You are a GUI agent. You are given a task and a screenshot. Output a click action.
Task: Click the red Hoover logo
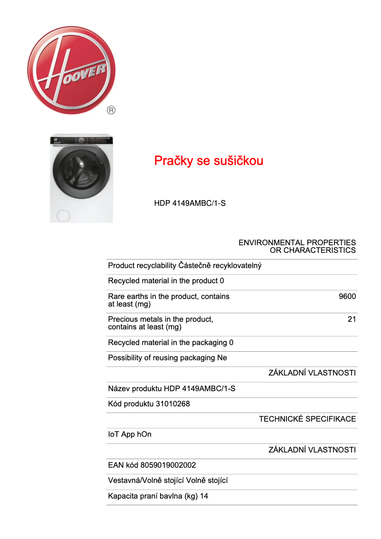tap(72, 70)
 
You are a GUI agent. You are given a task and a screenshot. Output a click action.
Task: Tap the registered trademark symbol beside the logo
tap(111, 110)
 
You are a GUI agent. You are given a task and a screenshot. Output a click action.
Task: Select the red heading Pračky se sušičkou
tap(209, 161)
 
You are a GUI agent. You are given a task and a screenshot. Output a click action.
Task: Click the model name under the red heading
tap(190, 203)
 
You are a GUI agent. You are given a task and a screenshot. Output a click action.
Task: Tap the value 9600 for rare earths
tap(347, 297)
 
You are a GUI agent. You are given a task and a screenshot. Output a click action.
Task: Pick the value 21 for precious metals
tap(352, 319)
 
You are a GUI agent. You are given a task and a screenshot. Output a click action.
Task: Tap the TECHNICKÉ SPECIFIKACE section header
tap(307, 419)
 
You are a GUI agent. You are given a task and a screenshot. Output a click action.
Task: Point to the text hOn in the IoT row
tap(144, 434)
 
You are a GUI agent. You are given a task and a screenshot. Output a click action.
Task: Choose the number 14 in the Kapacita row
tap(204, 496)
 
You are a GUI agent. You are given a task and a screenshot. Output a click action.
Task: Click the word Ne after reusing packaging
tap(222, 358)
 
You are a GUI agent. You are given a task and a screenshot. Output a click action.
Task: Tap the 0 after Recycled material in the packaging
tap(231, 343)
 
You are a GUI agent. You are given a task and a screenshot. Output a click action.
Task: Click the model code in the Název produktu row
tap(200, 389)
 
